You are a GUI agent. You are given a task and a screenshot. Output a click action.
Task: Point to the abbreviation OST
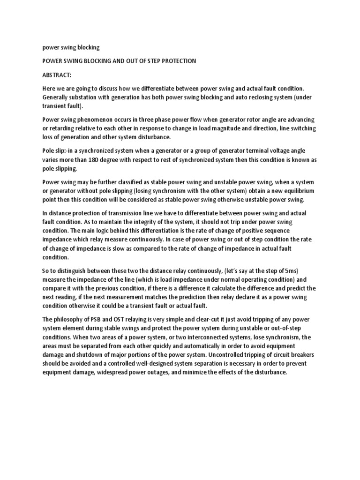(119, 319)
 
